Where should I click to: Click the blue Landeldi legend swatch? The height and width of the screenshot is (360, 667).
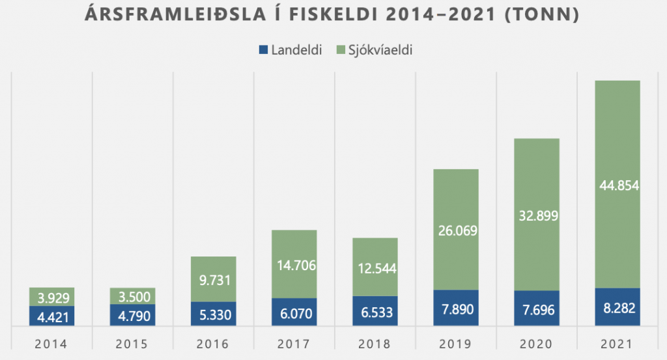264,49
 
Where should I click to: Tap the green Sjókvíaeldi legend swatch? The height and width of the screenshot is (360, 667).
341,49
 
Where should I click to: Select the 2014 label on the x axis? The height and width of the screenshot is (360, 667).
52,343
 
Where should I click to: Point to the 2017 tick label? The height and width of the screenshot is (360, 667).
294,343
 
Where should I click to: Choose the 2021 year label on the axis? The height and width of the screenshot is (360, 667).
617,343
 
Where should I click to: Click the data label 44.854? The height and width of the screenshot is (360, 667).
617,186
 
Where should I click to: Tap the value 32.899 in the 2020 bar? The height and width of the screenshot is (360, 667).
537,215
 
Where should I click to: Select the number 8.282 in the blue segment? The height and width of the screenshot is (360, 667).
617,308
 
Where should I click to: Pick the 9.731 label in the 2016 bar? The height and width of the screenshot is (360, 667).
214,281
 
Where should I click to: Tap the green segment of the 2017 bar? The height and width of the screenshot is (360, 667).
294,247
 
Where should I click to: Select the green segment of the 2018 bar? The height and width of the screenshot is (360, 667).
375,251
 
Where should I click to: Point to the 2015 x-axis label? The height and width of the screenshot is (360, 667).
133,343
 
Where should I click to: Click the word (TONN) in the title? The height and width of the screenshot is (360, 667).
541,14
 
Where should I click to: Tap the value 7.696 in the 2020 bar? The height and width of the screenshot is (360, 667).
537,310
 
